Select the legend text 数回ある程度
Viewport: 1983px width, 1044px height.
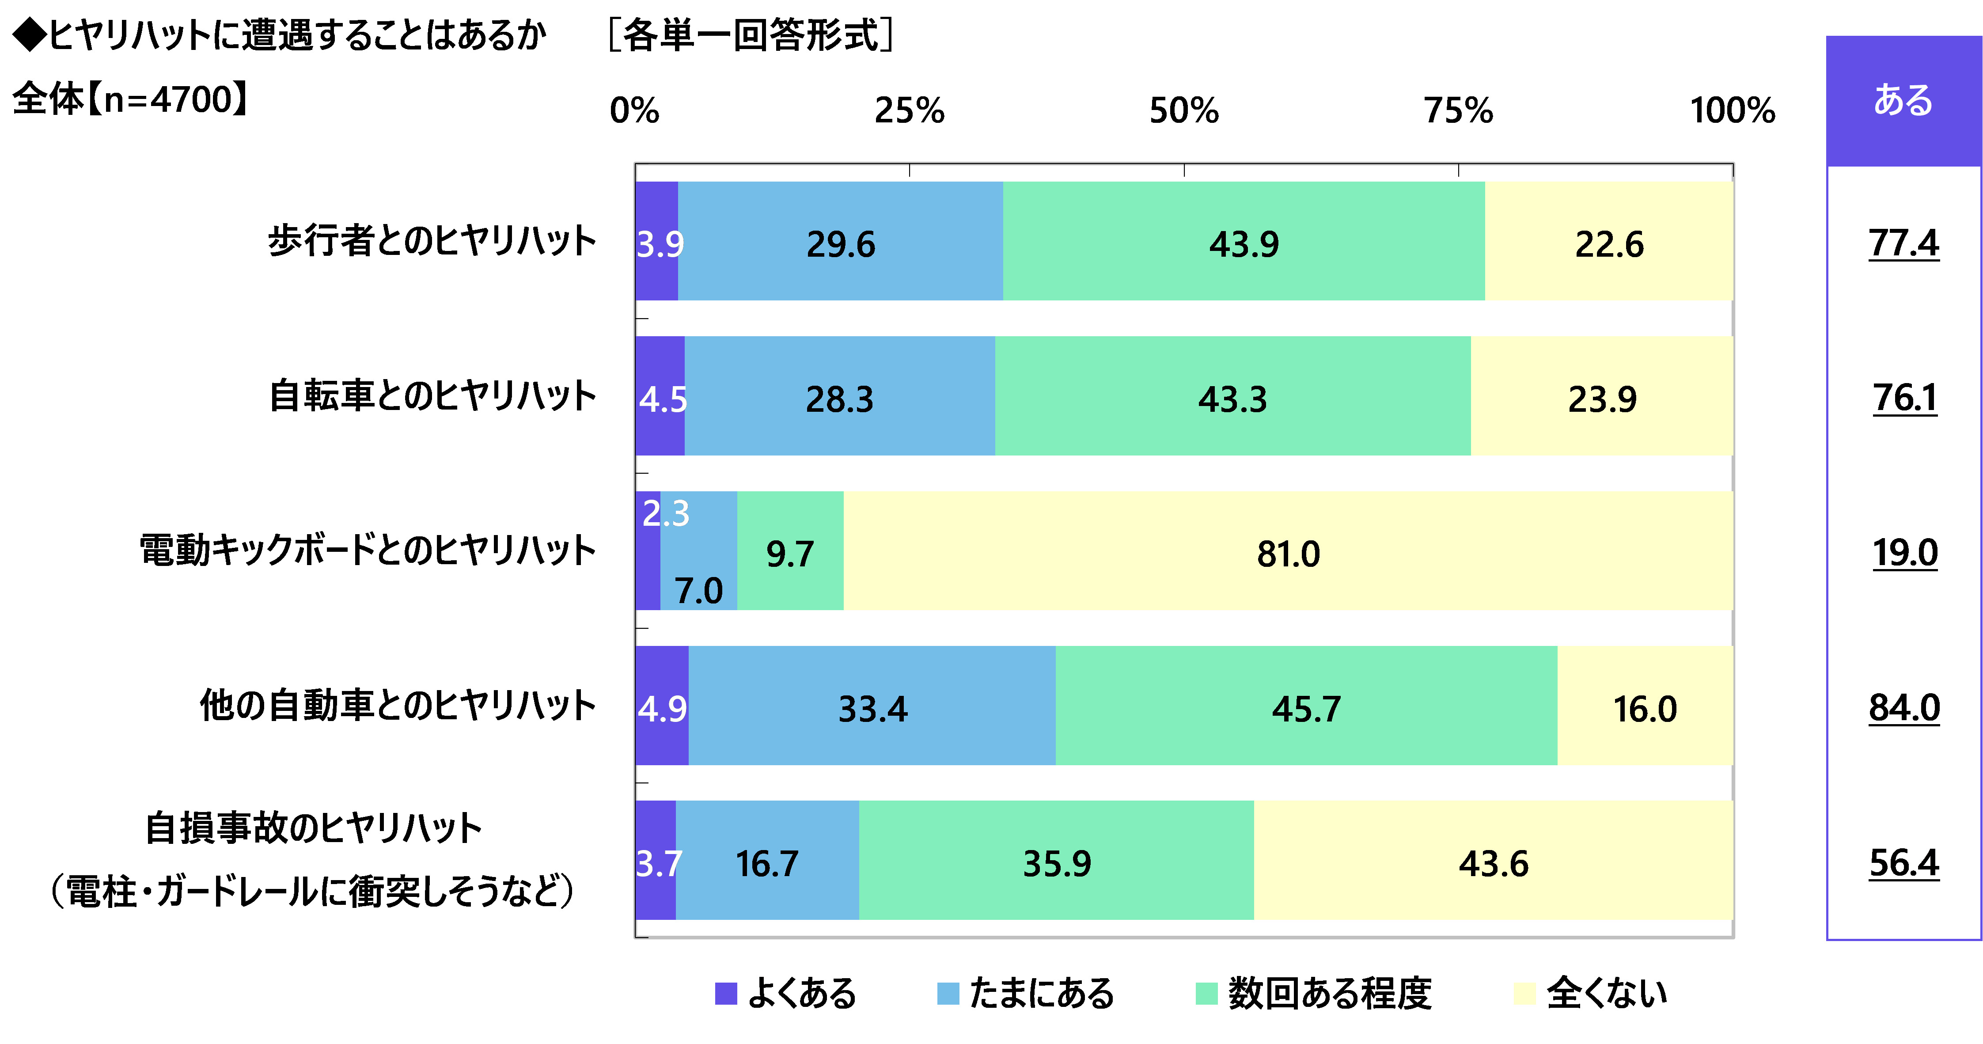pos(1330,992)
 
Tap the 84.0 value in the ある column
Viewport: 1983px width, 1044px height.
pos(1904,707)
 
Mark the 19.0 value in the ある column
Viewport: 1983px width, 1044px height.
pos(1904,553)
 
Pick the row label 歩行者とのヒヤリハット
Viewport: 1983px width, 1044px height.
pos(432,241)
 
